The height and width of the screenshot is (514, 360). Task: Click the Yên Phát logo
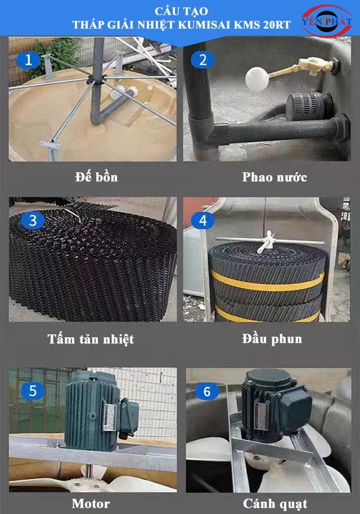click(x=327, y=20)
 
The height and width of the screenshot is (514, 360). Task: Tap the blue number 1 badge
click(x=29, y=60)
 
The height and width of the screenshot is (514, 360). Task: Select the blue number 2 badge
click(x=202, y=60)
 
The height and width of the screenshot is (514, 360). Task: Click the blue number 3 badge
click(x=33, y=220)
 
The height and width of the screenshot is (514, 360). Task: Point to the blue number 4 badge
click(x=202, y=220)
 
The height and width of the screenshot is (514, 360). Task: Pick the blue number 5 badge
click(x=33, y=391)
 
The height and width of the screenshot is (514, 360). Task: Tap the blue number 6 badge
click(x=207, y=391)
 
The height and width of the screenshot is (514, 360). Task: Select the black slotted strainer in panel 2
click(x=309, y=106)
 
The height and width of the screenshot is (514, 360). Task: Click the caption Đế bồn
click(x=96, y=177)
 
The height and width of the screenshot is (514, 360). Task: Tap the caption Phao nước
click(x=274, y=177)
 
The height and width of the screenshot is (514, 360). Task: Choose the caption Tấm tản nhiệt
click(x=91, y=339)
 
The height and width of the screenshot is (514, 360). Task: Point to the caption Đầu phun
click(x=272, y=339)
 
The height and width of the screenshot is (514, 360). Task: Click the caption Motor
click(x=91, y=503)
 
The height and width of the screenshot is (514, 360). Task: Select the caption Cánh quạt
click(x=275, y=504)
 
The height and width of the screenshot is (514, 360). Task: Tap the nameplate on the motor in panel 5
click(x=110, y=417)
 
